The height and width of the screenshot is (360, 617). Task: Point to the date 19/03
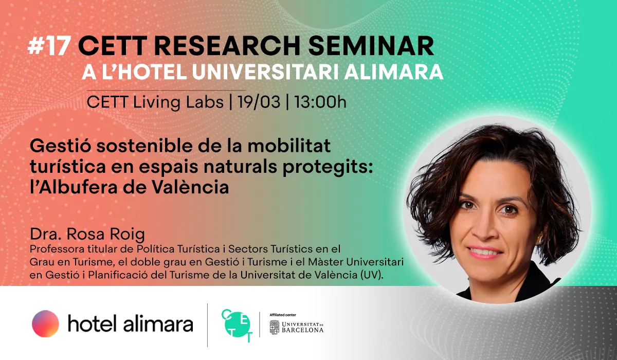259,101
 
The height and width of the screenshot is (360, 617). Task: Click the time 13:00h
320,101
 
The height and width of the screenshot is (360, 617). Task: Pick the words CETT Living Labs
155,101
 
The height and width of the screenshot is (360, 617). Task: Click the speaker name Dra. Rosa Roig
87,235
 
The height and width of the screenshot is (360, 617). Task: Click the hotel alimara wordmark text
130,324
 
